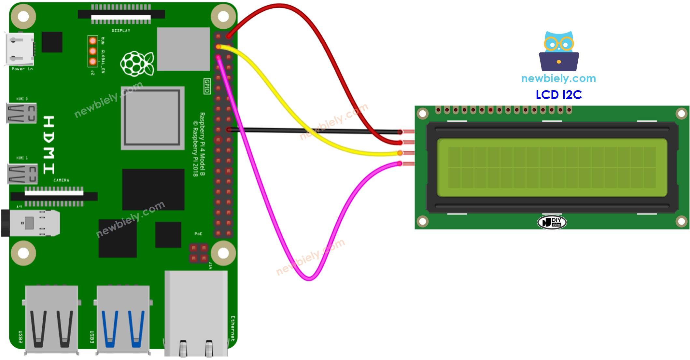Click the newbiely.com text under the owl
point(558,78)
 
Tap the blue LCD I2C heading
point(558,95)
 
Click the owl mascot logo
point(559,51)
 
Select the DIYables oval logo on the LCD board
point(552,222)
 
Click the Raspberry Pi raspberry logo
point(137,63)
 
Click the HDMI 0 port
point(21,113)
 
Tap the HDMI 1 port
point(22,174)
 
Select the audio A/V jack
point(31,223)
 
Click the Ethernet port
point(196,314)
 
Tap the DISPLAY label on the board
point(121,31)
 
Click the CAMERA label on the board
point(61,180)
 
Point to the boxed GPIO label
point(207,86)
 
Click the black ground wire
point(313,131)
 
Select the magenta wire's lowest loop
point(309,278)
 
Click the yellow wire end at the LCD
point(400,153)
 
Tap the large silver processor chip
point(152,118)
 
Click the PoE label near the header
point(198,234)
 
